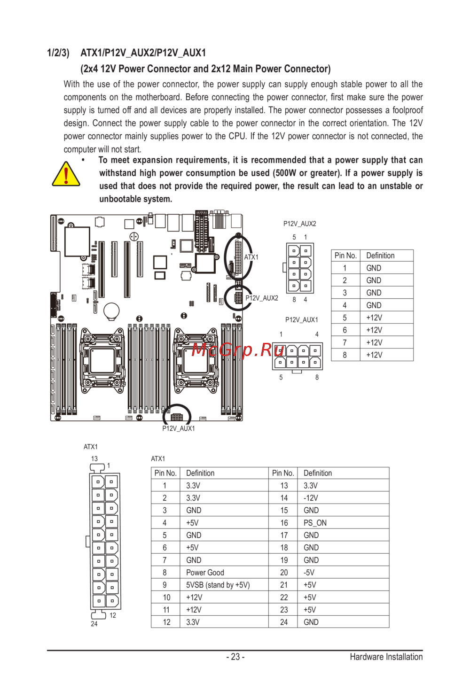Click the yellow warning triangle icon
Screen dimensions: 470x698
[66, 175]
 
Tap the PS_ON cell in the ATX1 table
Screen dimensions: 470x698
[315, 523]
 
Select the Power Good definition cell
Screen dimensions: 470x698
[205, 573]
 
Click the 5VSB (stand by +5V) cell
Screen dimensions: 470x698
[218, 585]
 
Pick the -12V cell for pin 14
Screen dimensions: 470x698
[311, 498]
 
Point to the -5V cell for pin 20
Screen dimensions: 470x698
[309, 573]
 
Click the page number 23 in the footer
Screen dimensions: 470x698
[235, 657]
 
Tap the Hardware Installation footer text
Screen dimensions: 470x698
[386, 657]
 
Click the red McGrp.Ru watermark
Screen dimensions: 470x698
[237, 349]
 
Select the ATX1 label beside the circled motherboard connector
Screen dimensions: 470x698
[251, 257]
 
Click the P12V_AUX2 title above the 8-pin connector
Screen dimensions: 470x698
[300, 224]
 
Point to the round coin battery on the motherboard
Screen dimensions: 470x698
[111, 310]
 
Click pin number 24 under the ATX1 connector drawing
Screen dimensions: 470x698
[94, 624]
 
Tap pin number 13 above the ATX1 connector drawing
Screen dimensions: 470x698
[94, 459]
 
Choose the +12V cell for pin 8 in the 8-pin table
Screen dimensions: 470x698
[374, 355]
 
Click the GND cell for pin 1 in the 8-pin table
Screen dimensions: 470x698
[374, 268]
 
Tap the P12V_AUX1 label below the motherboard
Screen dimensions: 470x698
[179, 428]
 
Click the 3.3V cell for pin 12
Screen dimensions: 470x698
[193, 622]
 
